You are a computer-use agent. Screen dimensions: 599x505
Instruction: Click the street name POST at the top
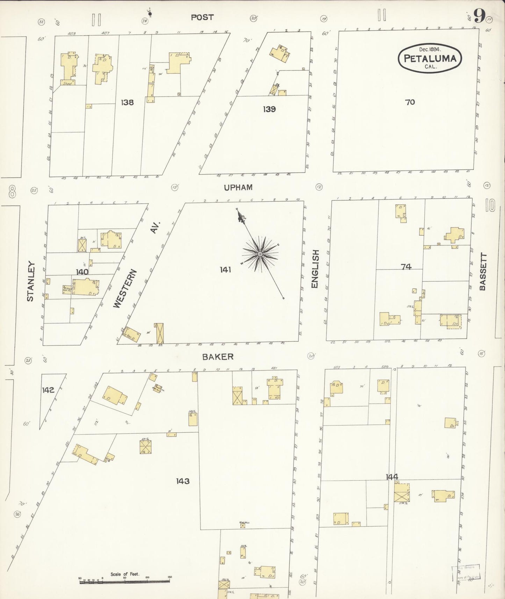(x=202, y=17)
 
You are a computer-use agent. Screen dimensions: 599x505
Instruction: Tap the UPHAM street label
(x=238, y=187)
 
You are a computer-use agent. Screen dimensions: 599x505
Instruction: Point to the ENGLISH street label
(x=315, y=269)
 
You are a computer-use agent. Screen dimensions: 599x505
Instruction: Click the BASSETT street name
(x=483, y=272)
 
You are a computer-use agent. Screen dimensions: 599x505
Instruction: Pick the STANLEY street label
(x=30, y=281)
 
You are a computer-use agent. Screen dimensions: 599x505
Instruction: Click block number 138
(x=127, y=102)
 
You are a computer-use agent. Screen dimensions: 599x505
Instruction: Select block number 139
(x=269, y=109)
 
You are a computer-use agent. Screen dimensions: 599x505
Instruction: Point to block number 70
(x=410, y=102)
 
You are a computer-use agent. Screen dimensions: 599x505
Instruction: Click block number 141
(x=225, y=269)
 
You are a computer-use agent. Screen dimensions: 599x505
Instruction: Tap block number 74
(x=406, y=267)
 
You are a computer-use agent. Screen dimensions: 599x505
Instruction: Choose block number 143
(x=182, y=481)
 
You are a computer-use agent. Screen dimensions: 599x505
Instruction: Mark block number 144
(x=392, y=477)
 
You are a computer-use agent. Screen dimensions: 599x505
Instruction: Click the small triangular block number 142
(x=48, y=390)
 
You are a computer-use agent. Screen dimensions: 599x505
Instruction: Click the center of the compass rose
(x=260, y=254)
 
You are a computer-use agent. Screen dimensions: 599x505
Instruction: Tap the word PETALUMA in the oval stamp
(x=430, y=59)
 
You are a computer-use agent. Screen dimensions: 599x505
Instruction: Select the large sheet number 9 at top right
(x=479, y=16)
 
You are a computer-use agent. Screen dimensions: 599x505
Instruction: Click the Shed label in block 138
(x=67, y=84)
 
